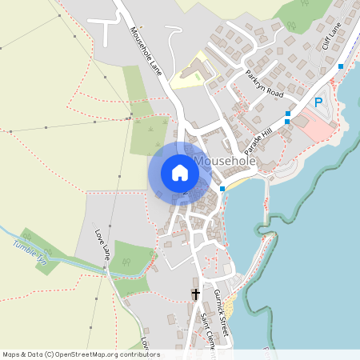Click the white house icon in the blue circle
[x=179, y=173]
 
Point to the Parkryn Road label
[x=265, y=82]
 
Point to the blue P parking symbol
[x=318, y=102]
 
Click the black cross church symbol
[x=196, y=294]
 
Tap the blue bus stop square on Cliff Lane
[x=341, y=66]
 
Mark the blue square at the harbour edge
[x=222, y=188]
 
